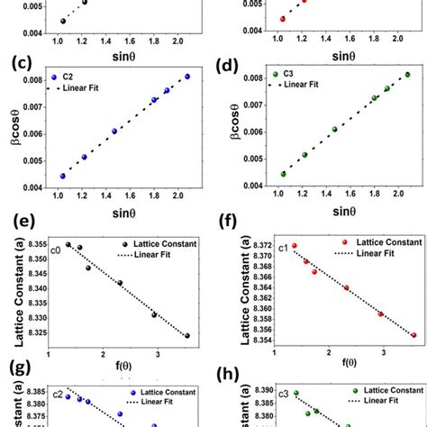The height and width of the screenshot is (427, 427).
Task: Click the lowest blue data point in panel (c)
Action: [63, 176]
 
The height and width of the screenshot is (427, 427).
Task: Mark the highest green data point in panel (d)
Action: [407, 75]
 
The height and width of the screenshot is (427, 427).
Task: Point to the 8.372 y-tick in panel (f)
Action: [253, 245]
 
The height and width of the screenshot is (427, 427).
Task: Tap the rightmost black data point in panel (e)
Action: [187, 335]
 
